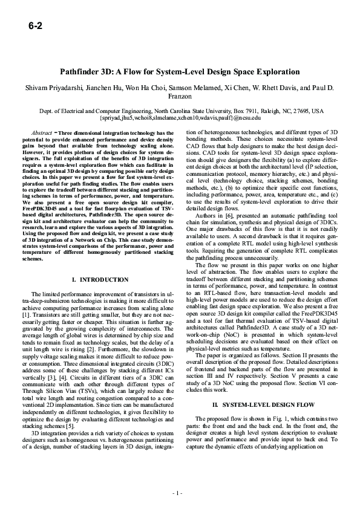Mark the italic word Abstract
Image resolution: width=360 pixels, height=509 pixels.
41,132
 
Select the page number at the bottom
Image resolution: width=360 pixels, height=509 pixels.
180,493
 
